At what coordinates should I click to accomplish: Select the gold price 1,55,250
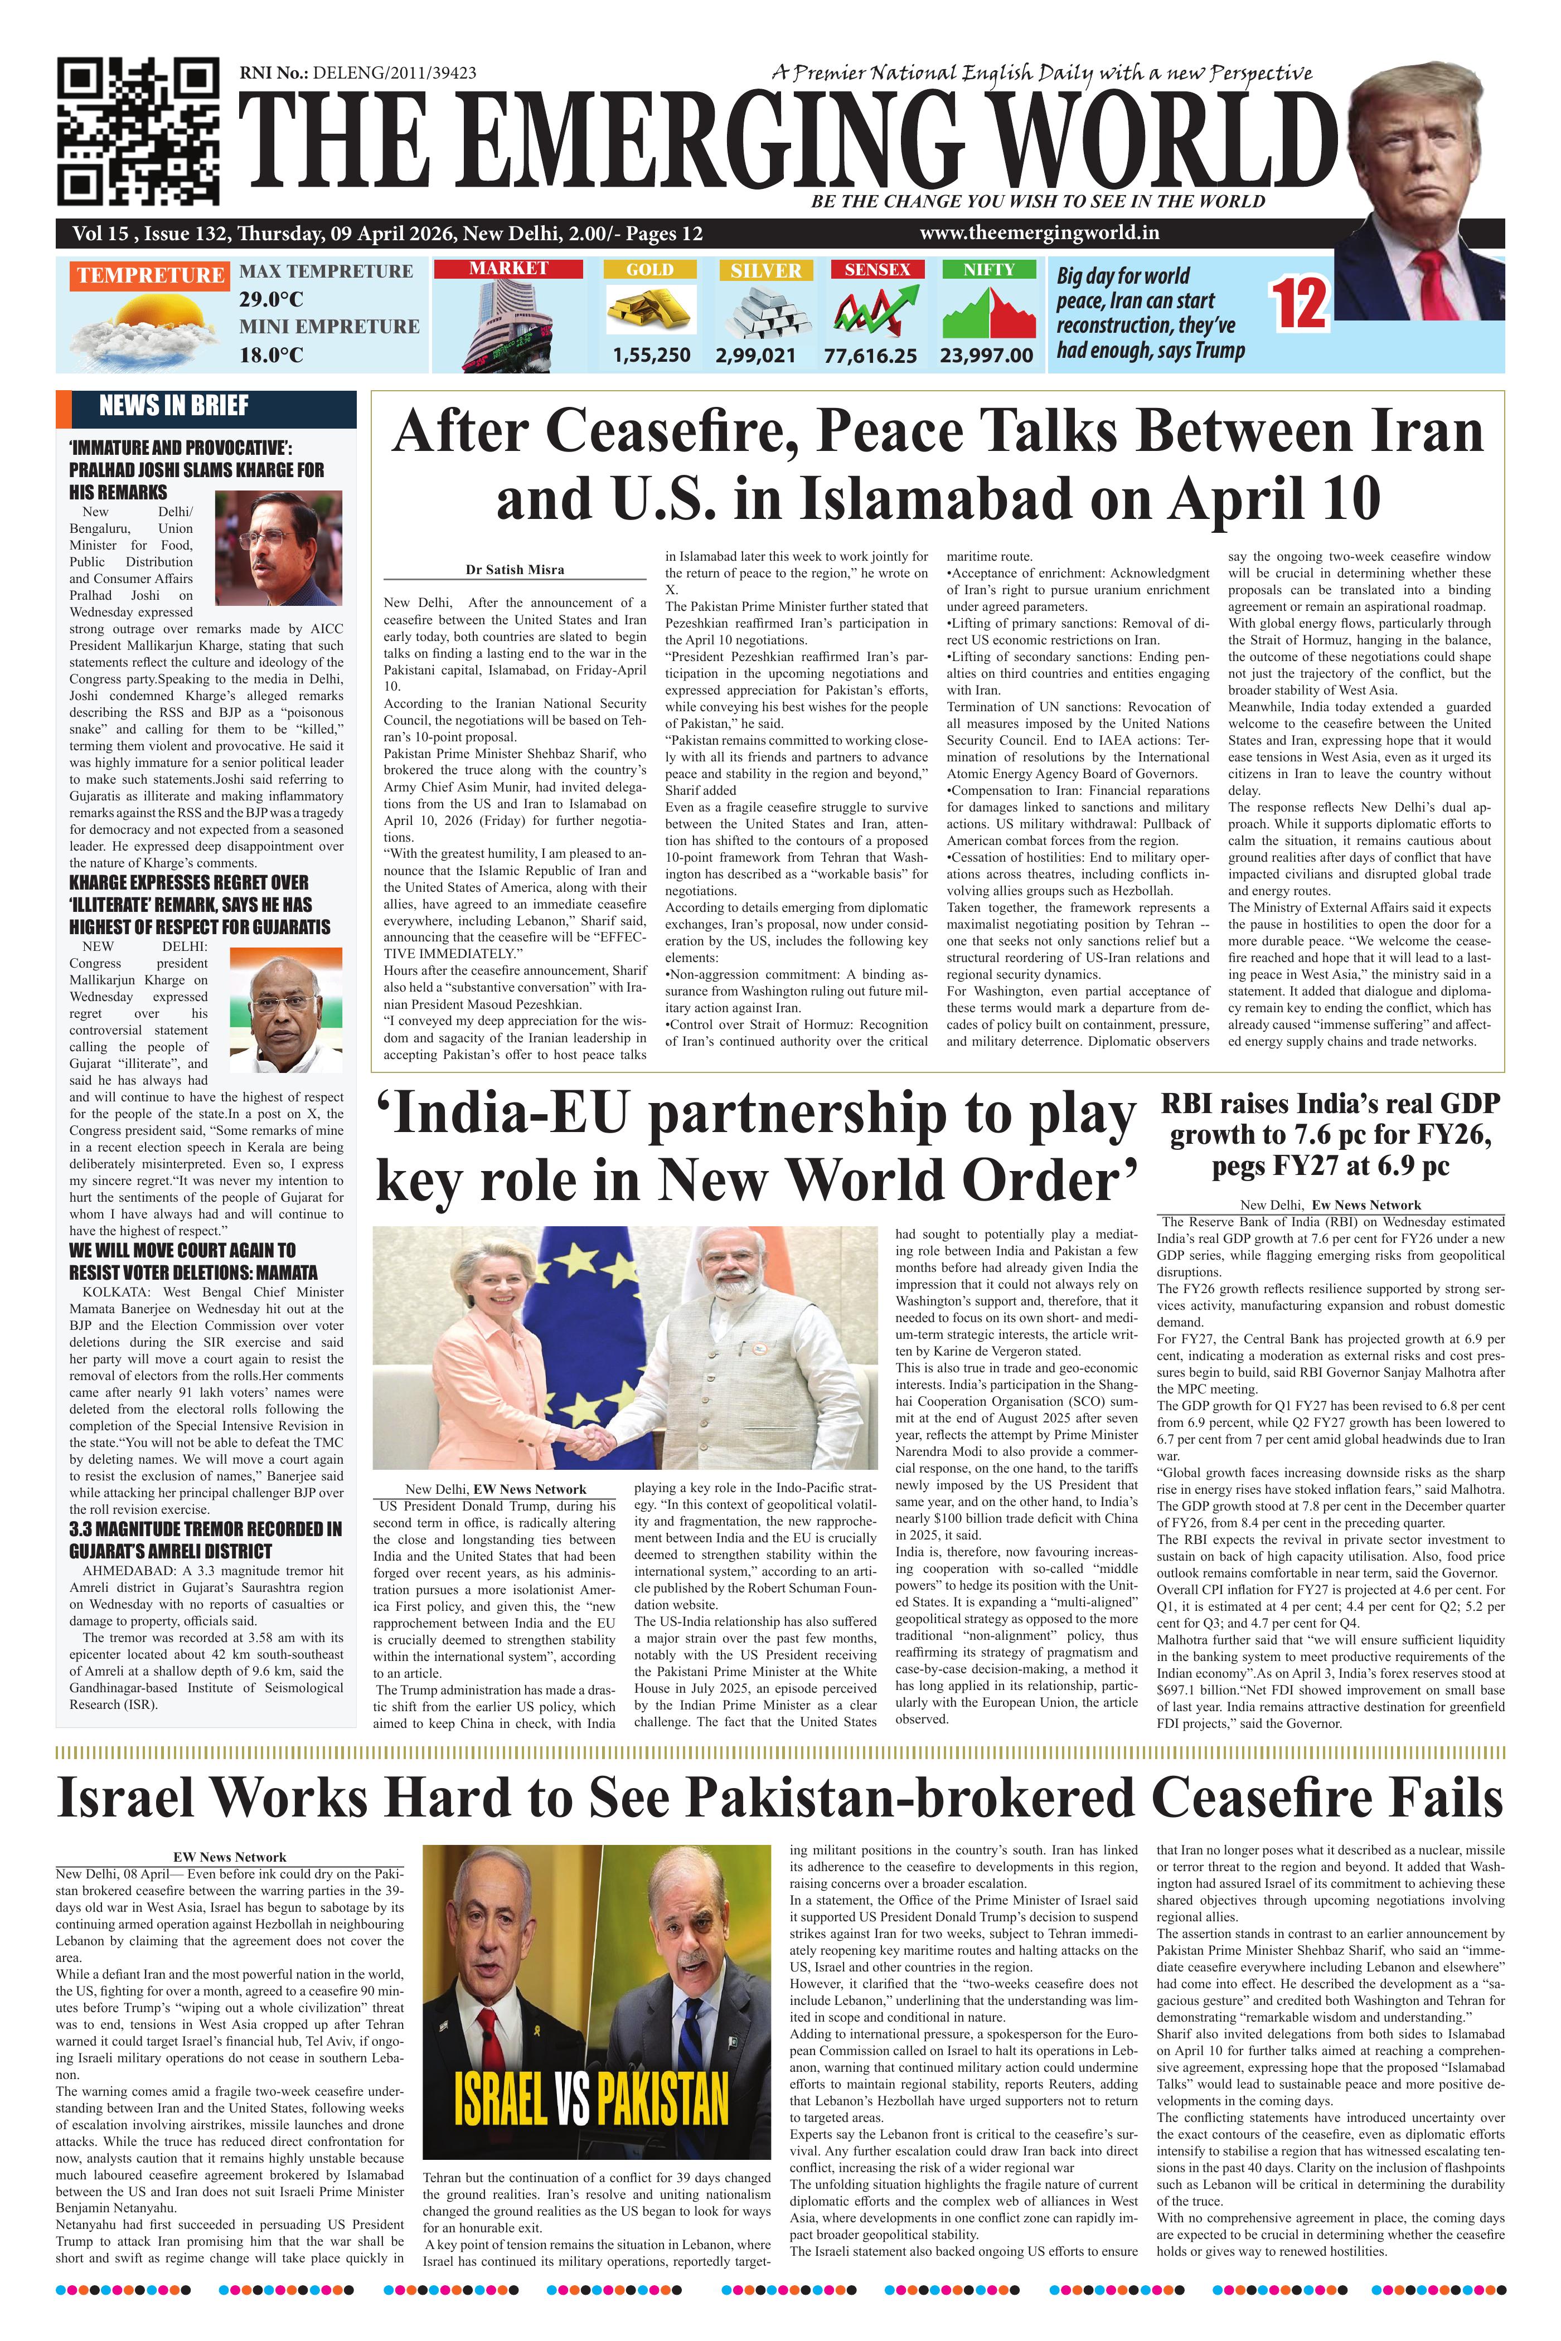pyautogui.click(x=651, y=354)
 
